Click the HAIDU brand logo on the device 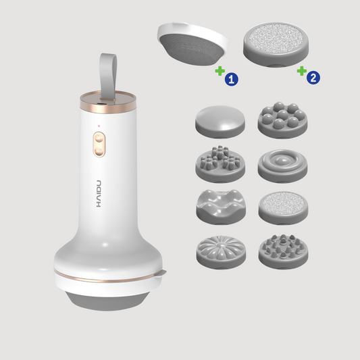(99, 194)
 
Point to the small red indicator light (99, 126)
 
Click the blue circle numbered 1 (232, 79)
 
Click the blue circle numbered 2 (313, 78)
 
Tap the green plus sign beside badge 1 (220, 71)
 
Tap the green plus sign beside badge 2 (302, 71)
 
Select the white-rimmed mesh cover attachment (192, 44)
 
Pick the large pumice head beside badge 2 (276, 44)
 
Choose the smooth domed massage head (220, 122)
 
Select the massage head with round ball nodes (282, 120)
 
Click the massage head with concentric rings (282, 165)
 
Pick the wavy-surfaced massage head (221, 207)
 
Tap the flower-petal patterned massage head (221, 252)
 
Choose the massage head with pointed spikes (283, 252)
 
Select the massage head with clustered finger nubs (220, 163)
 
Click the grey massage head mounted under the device (108, 301)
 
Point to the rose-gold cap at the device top (108, 102)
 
